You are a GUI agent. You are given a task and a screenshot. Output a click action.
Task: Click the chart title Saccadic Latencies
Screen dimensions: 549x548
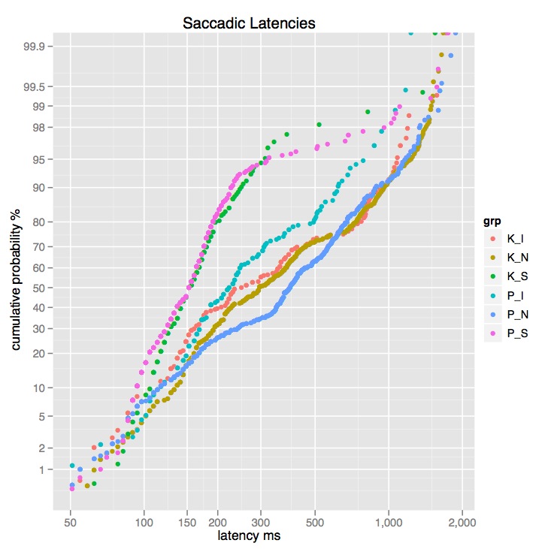(249, 23)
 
